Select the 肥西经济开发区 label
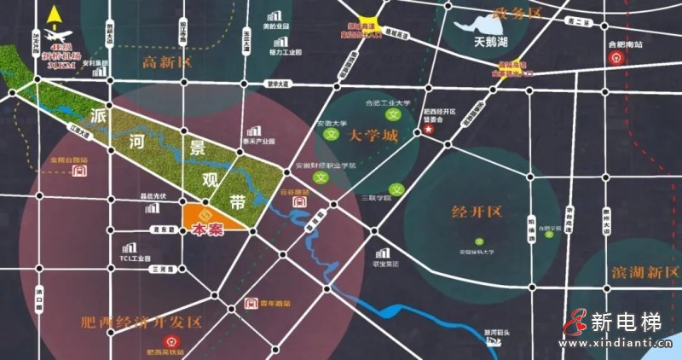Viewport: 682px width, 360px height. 141,322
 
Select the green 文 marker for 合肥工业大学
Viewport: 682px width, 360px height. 393,114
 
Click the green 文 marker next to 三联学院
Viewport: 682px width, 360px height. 395,189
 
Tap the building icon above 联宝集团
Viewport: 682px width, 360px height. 383,253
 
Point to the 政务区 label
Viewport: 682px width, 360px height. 521,13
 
